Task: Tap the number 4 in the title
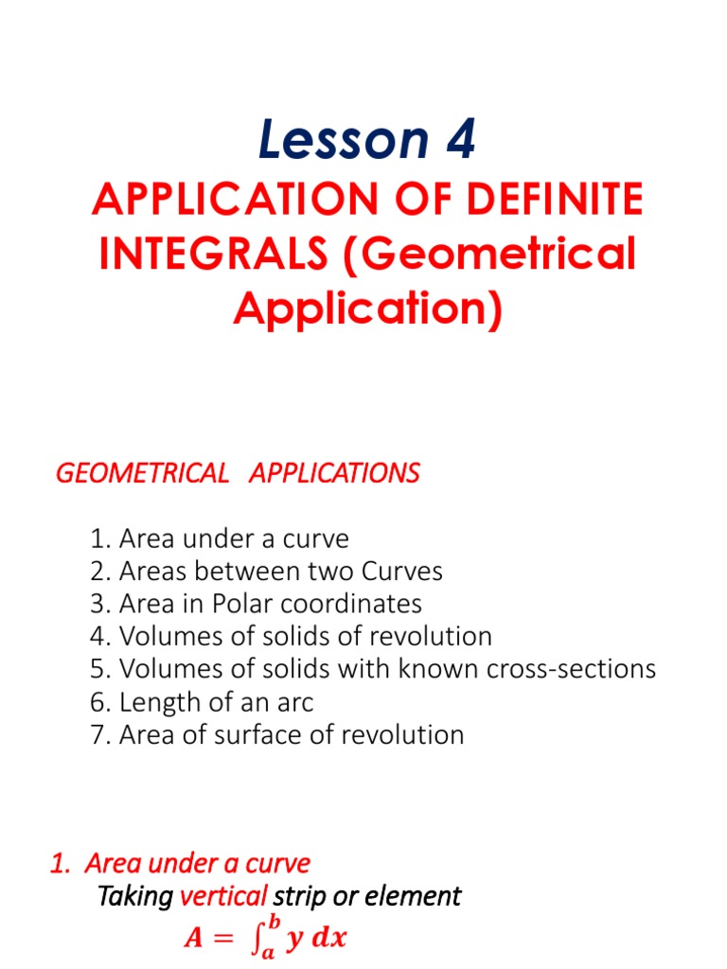pyautogui.click(x=455, y=142)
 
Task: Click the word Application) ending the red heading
pyautogui.click(x=367, y=308)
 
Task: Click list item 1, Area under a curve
pyautogui.click(x=220, y=539)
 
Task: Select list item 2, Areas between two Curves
pyautogui.click(x=267, y=572)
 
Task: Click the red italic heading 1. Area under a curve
pyautogui.click(x=179, y=863)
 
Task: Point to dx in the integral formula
pyautogui.click(x=328, y=940)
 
